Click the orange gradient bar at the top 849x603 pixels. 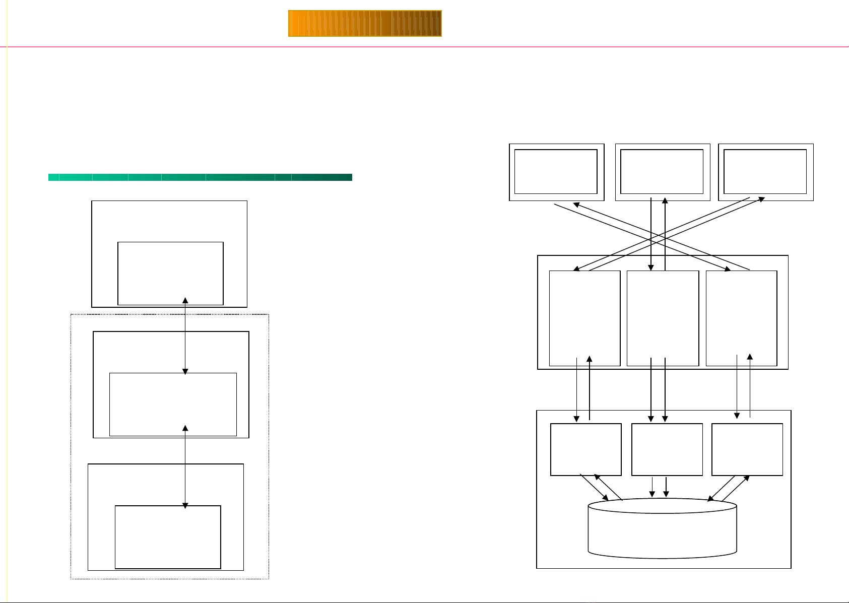[x=365, y=24]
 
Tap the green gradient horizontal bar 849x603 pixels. [x=200, y=177]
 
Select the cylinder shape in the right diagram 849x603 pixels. [x=663, y=529]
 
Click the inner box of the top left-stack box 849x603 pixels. [x=170, y=273]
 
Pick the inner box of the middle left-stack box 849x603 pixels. [x=173, y=404]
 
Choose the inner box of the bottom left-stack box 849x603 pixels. [x=168, y=537]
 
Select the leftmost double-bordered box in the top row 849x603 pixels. [x=556, y=172]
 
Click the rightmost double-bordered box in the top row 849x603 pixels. [x=765, y=172]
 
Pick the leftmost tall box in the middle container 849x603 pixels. [x=584, y=317]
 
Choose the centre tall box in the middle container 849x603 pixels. [x=663, y=317]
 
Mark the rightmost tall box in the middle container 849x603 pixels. [x=741, y=317]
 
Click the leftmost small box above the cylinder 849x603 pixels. [x=585, y=449]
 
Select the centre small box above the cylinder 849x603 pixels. [x=667, y=449]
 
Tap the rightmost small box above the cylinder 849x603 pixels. [x=747, y=449]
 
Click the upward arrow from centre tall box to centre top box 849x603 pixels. [x=665, y=234]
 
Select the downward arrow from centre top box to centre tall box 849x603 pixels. [x=651, y=234]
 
